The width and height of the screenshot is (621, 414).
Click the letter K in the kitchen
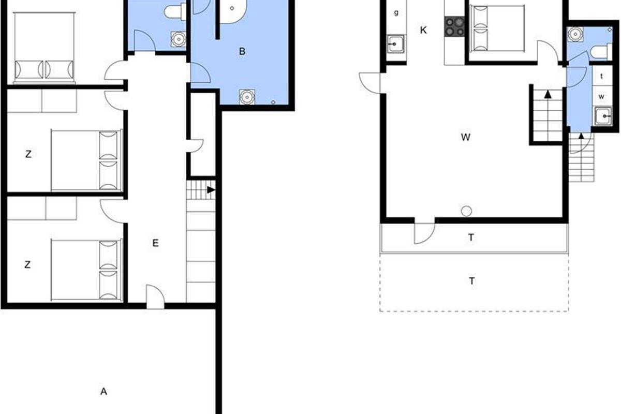(423, 30)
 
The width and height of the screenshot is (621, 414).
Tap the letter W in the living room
(465, 137)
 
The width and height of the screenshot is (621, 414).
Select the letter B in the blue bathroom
(242, 51)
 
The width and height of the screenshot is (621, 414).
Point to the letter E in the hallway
(155, 243)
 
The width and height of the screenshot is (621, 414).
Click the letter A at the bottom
(103, 392)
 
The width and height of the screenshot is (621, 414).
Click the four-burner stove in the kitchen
(454, 26)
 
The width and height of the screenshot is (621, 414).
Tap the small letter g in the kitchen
(396, 12)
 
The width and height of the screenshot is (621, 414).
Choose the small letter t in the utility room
(601, 76)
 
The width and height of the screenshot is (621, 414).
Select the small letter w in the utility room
(601, 96)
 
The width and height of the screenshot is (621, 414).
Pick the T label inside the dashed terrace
(472, 281)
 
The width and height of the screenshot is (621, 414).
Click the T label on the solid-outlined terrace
(471, 238)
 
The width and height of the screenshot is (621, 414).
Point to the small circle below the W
(466, 211)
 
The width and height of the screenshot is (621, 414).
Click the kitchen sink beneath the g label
(395, 44)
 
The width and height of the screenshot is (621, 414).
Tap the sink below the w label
(603, 116)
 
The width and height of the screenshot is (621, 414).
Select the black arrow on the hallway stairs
(211, 190)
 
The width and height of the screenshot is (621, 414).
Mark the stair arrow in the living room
(548, 94)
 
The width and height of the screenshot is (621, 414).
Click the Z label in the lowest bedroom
(27, 265)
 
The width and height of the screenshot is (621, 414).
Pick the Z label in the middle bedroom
(28, 154)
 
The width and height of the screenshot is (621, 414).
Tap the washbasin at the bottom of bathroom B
(246, 97)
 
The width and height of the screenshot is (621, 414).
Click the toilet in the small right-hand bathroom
(601, 52)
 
